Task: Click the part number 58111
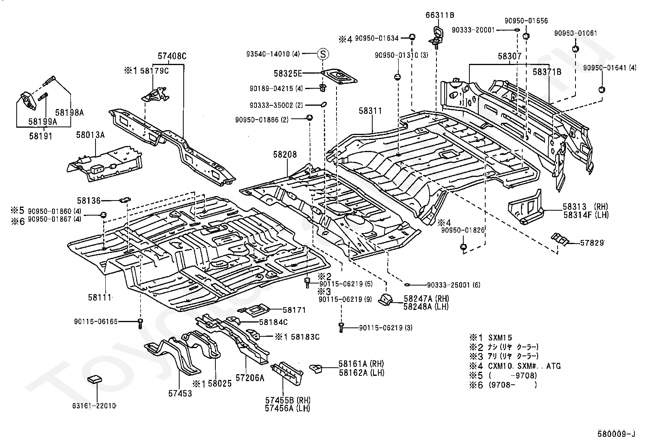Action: point(100,297)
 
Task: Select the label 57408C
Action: point(172,56)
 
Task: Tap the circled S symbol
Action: point(323,54)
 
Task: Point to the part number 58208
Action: point(285,155)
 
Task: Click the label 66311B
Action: point(440,15)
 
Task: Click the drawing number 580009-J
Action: point(617,434)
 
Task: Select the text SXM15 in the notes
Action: point(500,338)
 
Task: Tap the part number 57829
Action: point(592,243)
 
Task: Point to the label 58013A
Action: point(90,135)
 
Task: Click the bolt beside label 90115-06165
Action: point(140,323)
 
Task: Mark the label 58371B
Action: point(547,72)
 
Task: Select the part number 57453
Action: point(180,393)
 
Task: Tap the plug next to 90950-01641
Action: point(601,89)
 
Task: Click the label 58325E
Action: point(288,74)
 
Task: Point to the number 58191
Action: point(41,136)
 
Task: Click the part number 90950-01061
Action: point(575,33)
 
